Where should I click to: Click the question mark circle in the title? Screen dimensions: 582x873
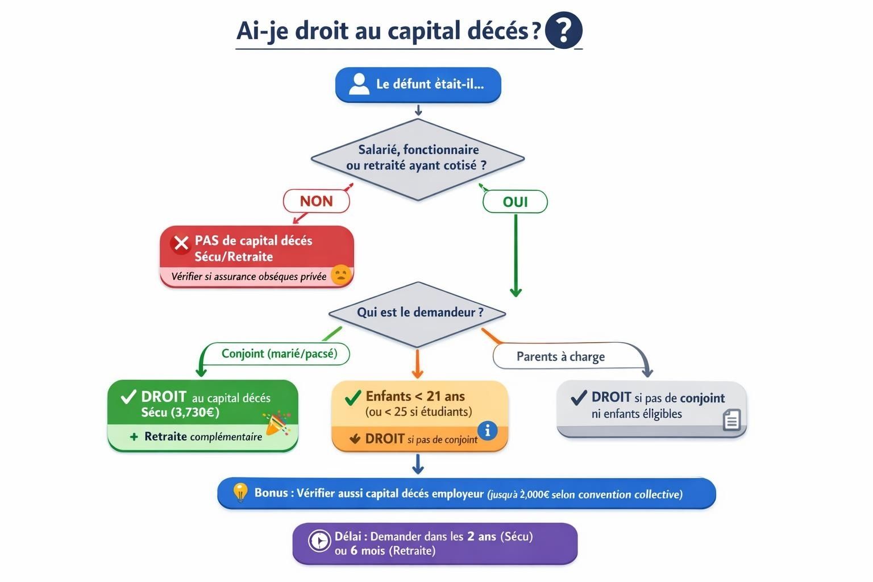563,30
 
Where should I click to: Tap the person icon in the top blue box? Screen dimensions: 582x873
359,84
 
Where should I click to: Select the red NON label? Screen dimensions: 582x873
316,201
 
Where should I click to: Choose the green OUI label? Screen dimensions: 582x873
515,202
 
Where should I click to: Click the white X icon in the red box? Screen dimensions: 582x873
181,243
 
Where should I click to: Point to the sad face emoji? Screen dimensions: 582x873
340,275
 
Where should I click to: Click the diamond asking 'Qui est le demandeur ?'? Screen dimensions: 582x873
418,313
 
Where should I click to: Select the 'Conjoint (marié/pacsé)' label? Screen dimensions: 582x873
279,354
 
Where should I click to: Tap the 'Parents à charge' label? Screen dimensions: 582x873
560,356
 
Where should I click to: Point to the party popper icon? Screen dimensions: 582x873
277,424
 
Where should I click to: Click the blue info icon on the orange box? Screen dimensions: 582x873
487,430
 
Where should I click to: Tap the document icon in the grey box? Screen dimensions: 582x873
731,420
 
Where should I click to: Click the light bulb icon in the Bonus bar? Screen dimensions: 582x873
240,492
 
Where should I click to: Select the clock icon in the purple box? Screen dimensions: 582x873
319,540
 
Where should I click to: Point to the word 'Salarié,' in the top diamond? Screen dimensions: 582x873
379,150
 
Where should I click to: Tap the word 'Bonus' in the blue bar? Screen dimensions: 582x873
271,493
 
